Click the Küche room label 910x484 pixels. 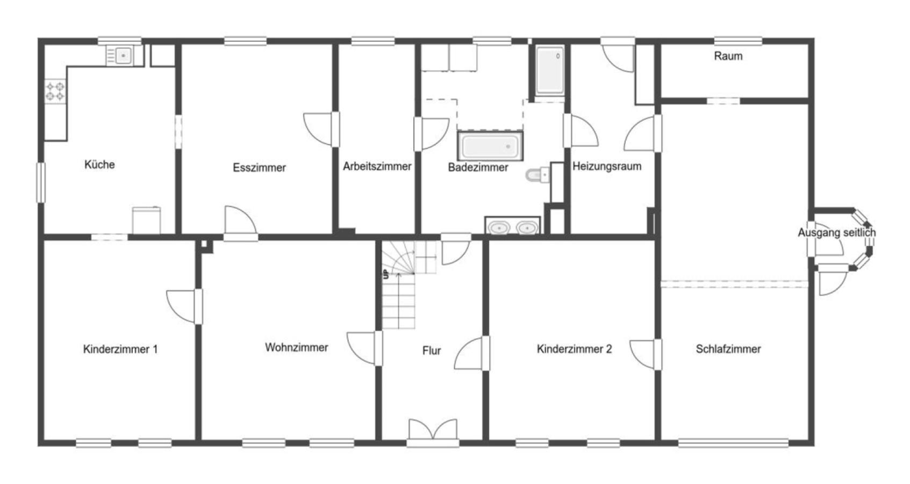pos(99,165)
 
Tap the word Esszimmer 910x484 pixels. pos(259,167)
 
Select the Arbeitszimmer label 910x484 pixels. pos(377,166)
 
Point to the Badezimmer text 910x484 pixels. pos(478,167)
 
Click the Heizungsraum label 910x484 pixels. pos(607,166)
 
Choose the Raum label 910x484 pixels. pos(728,56)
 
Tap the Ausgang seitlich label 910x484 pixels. pos(837,233)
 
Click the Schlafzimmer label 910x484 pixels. pos(728,349)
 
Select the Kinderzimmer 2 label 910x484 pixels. pos(575,349)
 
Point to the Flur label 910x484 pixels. pos(432,351)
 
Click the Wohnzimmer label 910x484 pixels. pos(297,347)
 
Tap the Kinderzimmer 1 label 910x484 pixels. pos(120,349)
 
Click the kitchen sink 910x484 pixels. pos(125,55)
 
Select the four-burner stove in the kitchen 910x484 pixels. pos(55,91)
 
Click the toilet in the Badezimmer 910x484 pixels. pos(538,175)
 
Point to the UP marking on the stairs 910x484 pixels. pos(385,275)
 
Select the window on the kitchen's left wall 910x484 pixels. pos(41,182)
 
